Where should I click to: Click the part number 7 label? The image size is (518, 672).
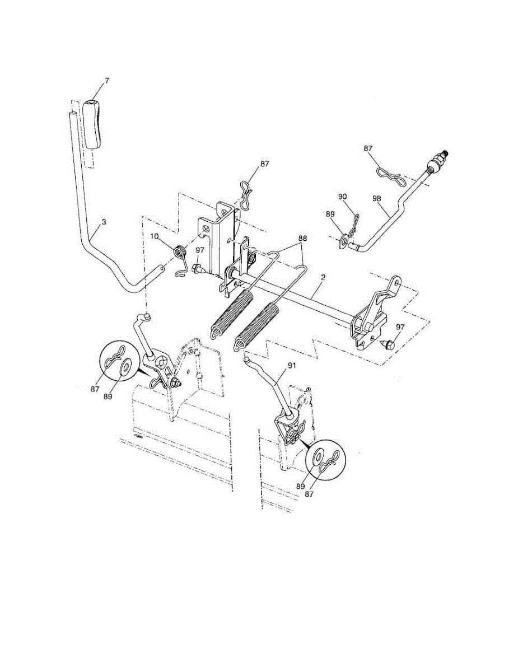click(x=106, y=81)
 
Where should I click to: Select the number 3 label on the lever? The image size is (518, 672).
click(x=104, y=222)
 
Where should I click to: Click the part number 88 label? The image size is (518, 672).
click(x=303, y=237)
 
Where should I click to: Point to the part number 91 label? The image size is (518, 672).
click(x=291, y=364)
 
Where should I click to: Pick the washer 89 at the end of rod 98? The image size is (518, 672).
click(x=342, y=243)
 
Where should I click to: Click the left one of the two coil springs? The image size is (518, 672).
click(x=231, y=314)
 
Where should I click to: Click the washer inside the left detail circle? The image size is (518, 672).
click(x=126, y=366)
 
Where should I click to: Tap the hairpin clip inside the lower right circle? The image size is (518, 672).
click(x=330, y=463)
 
